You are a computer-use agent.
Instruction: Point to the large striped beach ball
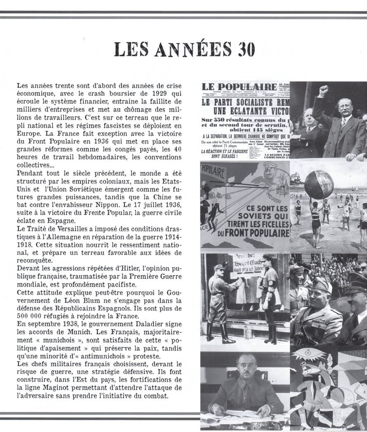click(x=319, y=184)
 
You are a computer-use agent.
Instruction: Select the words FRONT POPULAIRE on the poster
click(x=249, y=233)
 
